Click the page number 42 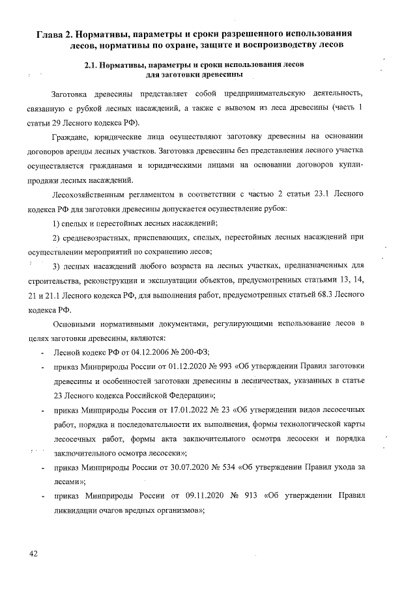tap(33, 553)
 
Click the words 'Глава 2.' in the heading tap(57, 33)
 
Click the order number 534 tap(229, 468)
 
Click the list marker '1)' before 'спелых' tap(57, 223)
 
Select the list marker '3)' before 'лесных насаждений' tap(57, 266)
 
